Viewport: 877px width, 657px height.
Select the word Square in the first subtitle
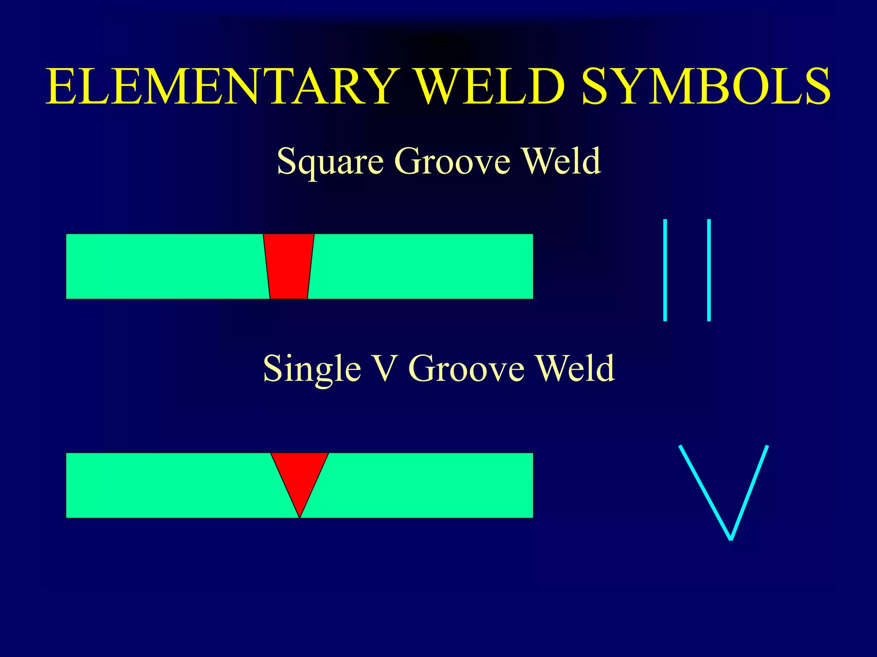[330, 161]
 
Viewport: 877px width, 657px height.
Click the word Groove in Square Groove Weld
[452, 161]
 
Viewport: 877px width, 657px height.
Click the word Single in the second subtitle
[312, 369]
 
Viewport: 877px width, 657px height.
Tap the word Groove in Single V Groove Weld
[466, 369]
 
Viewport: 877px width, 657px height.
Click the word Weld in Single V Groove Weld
[576, 369]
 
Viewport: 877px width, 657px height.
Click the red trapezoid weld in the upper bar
[289, 266]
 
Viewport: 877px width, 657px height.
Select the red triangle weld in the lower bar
[300, 475]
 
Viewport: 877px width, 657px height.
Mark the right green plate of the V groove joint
[428, 485]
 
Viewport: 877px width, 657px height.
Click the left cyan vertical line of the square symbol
[665, 269]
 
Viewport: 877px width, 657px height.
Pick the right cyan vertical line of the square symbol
[709, 269]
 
